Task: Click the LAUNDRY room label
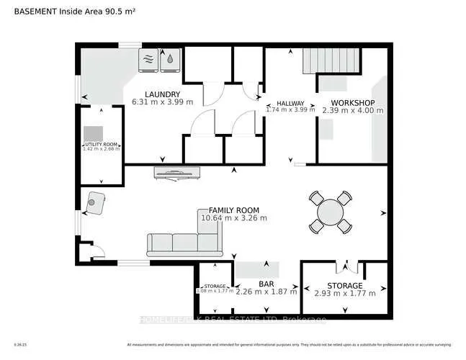[161, 94]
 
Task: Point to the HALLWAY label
[290, 103]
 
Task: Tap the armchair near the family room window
[95, 203]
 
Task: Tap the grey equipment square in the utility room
[92, 133]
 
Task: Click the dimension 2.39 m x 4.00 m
[352, 110]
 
